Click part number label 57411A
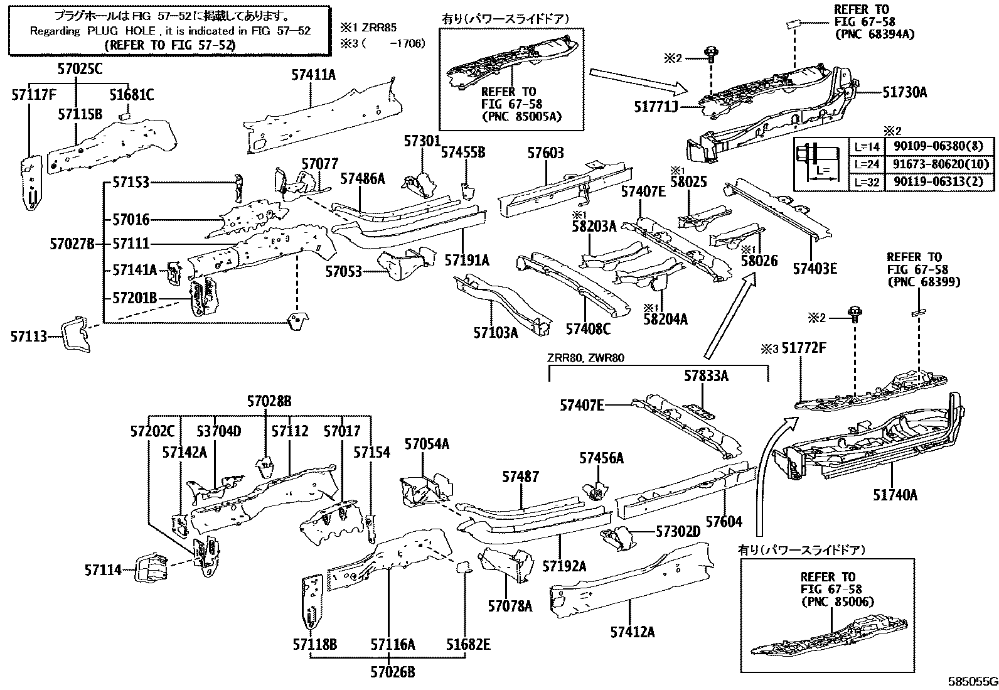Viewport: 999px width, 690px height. (313, 75)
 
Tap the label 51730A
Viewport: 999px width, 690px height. (904, 92)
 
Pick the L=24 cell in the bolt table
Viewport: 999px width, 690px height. (867, 164)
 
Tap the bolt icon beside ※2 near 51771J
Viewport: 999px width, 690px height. (711, 55)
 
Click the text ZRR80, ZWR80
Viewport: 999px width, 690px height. (585, 358)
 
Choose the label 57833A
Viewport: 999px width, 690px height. (706, 376)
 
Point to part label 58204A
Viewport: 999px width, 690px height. (665, 320)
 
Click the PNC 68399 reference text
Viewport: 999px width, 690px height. (923, 282)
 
